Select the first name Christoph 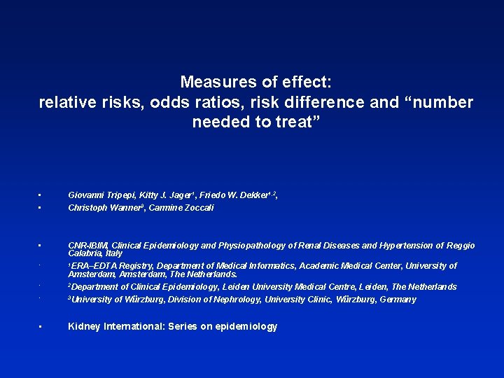point(89,208)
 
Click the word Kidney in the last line point(83,327)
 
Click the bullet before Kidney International point(41,327)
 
